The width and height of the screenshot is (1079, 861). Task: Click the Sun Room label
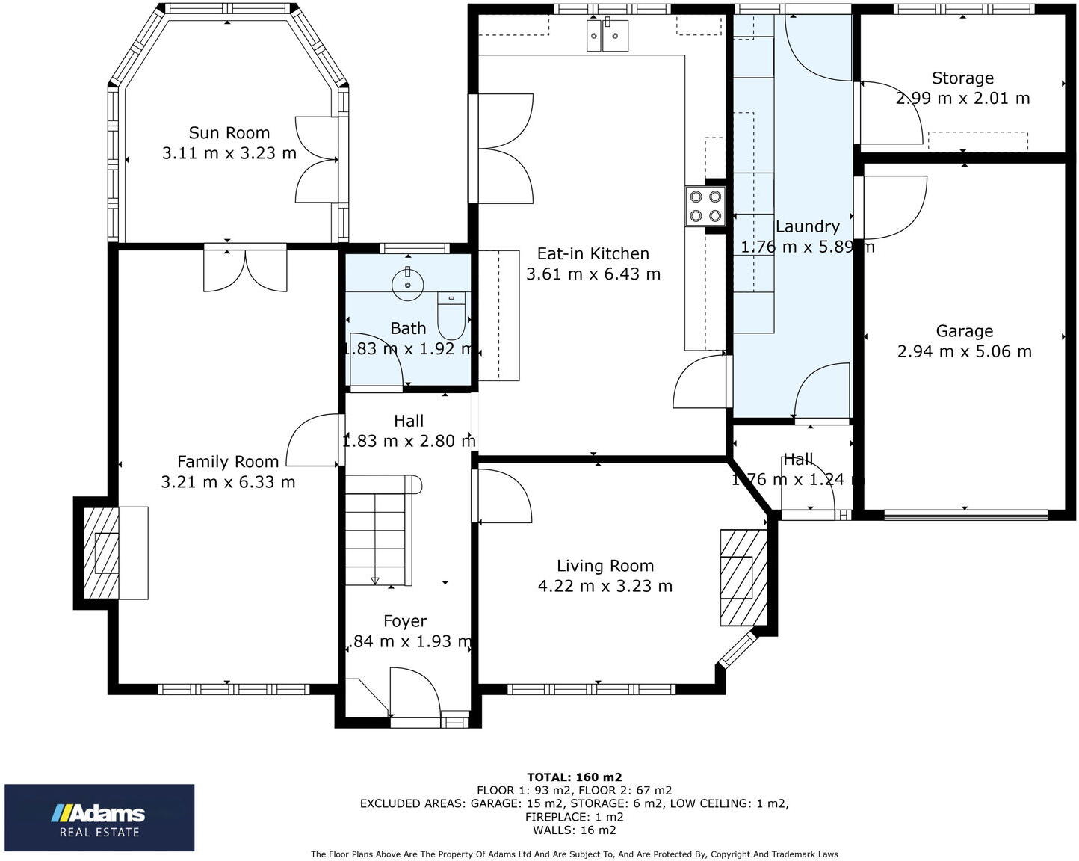click(229, 133)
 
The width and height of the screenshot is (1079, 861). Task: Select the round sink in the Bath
click(408, 283)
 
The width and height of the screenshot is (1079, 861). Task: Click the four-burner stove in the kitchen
click(705, 206)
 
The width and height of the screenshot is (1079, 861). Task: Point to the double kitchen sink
click(607, 35)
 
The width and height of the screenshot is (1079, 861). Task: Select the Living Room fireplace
click(742, 577)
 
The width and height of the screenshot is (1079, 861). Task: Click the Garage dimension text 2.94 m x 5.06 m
click(964, 351)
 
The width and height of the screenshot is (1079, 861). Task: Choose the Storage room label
click(962, 78)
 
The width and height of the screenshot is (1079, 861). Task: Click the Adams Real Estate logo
click(99, 818)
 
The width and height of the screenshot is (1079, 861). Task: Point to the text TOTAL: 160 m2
click(574, 777)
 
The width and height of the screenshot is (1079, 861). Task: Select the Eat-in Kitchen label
click(593, 254)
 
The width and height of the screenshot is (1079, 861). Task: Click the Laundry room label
click(807, 226)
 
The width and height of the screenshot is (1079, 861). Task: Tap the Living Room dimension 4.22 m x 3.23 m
click(605, 586)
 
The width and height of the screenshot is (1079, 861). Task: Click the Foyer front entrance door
click(415, 695)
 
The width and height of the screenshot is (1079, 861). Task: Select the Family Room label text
click(228, 462)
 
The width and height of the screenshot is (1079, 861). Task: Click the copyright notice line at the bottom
click(574, 854)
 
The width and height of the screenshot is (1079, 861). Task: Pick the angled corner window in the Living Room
click(737, 649)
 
